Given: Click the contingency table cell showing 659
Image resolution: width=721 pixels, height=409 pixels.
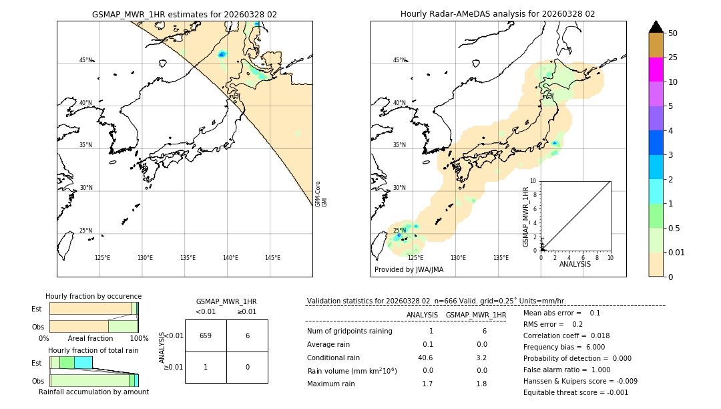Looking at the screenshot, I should pyautogui.click(x=206, y=335).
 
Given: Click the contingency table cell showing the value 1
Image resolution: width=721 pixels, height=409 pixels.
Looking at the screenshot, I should pyautogui.click(x=206, y=367).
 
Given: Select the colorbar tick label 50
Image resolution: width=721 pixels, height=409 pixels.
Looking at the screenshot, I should pyautogui.click(x=673, y=33).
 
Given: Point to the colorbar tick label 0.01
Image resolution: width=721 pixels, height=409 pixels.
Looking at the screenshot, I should pyautogui.click(x=677, y=252).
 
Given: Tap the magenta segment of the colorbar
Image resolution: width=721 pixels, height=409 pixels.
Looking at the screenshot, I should pyautogui.click(x=656, y=70).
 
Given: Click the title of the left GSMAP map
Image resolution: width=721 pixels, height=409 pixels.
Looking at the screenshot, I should pyautogui.click(x=184, y=14).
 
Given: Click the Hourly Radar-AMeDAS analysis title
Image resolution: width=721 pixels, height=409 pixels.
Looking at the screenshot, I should pyautogui.click(x=497, y=14).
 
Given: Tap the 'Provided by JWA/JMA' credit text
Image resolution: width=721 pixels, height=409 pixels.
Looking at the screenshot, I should pyautogui.click(x=409, y=269).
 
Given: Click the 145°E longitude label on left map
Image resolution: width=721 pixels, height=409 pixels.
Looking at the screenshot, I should pyautogui.click(x=272, y=258).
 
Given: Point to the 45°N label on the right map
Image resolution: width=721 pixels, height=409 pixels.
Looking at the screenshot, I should pyautogui.click(x=399, y=60).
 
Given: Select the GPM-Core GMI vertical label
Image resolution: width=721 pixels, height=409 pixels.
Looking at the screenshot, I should pyautogui.click(x=321, y=194).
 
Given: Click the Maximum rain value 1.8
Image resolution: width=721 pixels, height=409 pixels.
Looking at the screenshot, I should pyautogui.click(x=481, y=384).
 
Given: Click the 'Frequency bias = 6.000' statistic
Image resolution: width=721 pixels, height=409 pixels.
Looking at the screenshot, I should pyautogui.click(x=564, y=347).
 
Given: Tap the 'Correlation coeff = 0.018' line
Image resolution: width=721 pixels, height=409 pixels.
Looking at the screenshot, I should pyautogui.click(x=566, y=335).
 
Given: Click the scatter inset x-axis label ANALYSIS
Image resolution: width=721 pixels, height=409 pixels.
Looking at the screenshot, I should pyautogui.click(x=575, y=264).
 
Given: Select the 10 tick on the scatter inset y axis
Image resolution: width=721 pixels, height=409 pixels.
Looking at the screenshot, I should pyautogui.click(x=534, y=181).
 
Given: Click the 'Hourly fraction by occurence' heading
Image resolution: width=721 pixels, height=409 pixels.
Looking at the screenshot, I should pyautogui.click(x=93, y=296).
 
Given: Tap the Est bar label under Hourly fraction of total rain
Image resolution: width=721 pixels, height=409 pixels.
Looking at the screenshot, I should pyautogui.click(x=37, y=363).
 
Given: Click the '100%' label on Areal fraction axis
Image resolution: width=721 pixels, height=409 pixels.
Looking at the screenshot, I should pyautogui.click(x=138, y=338).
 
